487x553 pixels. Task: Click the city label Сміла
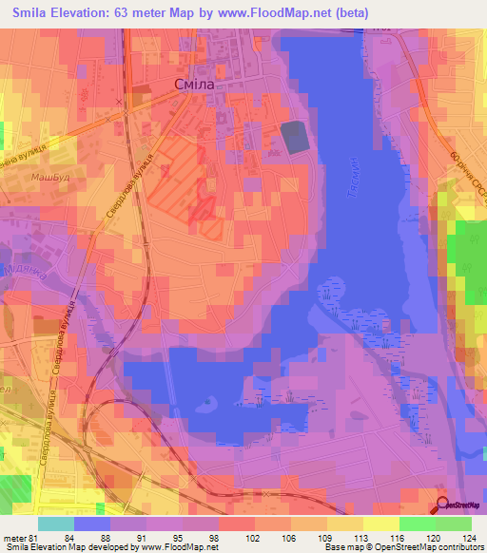click(x=196, y=86)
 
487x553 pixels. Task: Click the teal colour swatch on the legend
click(x=56, y=524)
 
